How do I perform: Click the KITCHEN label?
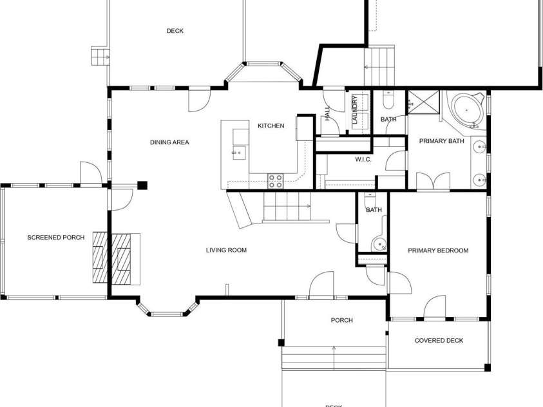(271, 126)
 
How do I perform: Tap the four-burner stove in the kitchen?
(275, 181)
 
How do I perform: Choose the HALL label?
(327, 113)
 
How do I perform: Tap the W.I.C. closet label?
(363, 159)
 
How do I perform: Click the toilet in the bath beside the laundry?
(387, 100)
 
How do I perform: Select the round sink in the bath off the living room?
(381, 244)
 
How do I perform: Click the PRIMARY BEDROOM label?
(438, 251)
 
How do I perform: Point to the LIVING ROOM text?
(226, 251)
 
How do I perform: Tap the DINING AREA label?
(169, 142)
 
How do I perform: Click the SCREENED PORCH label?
(55, 238)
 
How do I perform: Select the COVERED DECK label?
(439, 341)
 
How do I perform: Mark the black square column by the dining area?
(142, 185)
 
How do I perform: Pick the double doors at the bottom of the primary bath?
(433, 182)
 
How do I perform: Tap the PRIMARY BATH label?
(441, 141)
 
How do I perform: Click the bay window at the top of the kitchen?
(262, 64)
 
